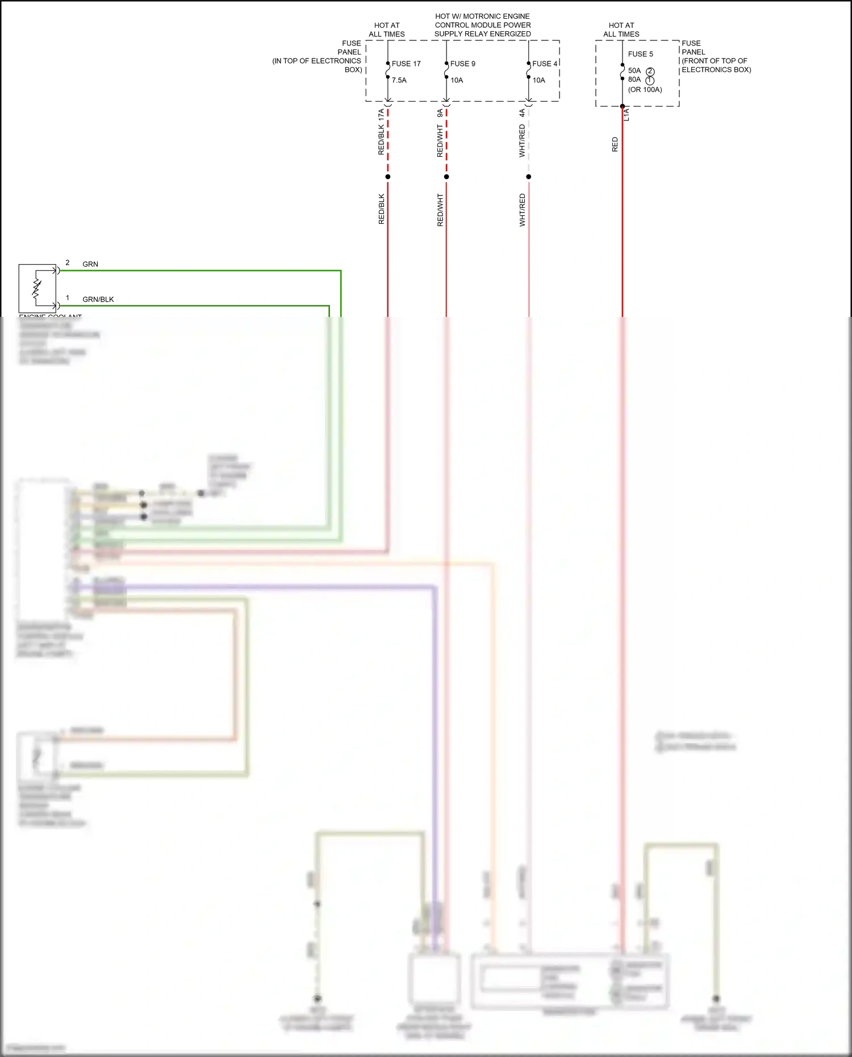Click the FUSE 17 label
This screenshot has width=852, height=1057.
(406, 64)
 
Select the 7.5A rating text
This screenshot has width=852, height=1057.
(399, 80)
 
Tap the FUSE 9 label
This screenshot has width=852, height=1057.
(463, 64)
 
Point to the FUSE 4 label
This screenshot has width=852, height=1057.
(545, 64)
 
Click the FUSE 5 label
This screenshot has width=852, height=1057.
(641, 54)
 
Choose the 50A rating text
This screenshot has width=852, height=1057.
(634, 70)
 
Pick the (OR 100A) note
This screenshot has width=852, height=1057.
(645, 90)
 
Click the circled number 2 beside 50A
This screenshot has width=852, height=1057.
(650, 72)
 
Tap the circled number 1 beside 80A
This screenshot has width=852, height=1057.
(650, 81)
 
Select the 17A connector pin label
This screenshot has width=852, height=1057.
(382, 114)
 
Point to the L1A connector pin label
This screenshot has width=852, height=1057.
(627, 115)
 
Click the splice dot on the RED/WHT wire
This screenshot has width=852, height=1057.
(446, 177)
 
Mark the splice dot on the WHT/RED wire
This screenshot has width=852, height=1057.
(529, 177)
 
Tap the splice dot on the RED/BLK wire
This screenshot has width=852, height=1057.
(388, 177)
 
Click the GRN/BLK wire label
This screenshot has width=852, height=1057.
(98, 299)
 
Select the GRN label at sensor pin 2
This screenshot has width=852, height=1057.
(90, 264)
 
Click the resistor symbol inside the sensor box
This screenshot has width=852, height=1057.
(37, 288)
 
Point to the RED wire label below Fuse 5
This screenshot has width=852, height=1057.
(615, 144)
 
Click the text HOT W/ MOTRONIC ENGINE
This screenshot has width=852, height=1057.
(483, 16)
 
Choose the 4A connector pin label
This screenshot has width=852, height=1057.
(522, 114)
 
